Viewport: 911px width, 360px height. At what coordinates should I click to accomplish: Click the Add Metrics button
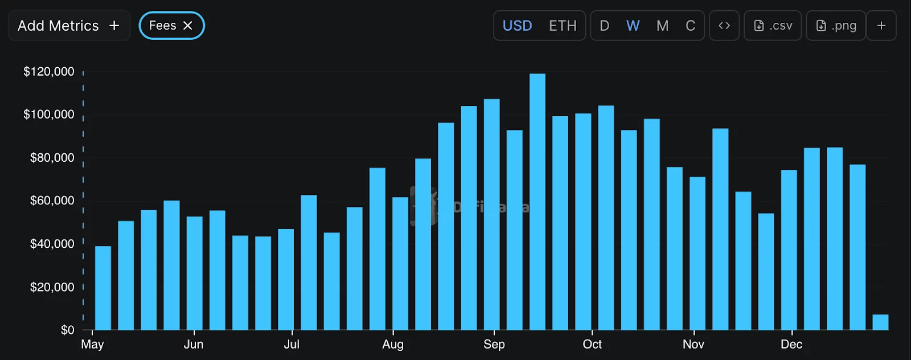coord(69,26)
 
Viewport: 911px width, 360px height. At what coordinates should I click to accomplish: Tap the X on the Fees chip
coord(188,26)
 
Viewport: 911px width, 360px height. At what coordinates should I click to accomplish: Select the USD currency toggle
coord(517,26)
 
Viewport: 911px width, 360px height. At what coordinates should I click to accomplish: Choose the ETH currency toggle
coord(563,26)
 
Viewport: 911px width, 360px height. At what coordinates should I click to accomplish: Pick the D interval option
coord(605,26)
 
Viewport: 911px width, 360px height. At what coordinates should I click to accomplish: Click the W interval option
coord(633,26)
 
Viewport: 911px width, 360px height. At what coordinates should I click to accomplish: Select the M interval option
coord(662,26)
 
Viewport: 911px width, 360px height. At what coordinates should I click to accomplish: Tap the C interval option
coord(690,26)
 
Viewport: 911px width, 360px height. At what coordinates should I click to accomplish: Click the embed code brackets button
coord(724,26)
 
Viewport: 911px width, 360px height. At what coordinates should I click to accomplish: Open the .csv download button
coord(773,26)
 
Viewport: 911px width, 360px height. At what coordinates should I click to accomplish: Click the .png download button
coord(836,26)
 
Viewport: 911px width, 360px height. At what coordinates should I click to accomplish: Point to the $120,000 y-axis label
coord(49,72)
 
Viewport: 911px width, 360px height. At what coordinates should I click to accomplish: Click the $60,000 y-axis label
coord(52,201)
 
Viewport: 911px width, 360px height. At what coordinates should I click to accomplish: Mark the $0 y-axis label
coord(67,330)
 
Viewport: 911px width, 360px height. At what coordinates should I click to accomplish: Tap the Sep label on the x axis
coord(494,344)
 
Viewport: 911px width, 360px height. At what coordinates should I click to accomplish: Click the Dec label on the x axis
coord(791,344)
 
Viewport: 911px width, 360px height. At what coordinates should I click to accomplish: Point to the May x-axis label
coord(92,344)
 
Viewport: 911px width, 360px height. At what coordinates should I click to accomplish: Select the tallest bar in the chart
coord(537,202)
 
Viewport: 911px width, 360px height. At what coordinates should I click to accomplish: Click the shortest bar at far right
coord(880,322)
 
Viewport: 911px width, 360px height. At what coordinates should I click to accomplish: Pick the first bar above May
coord(103,288)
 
